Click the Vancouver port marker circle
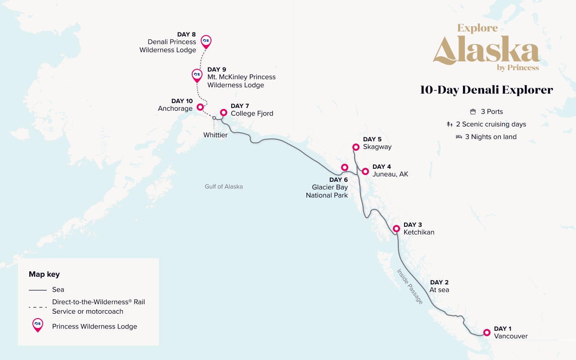tap(486, 333)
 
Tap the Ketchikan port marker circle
tap(396, 229)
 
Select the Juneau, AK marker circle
tap(365, 171)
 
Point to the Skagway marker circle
tap(355, 147)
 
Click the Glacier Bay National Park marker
tap(345, 167)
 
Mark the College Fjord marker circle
tap(223, 112)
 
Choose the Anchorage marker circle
tap(200, 107)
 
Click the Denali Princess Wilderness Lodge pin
tap(206, 41)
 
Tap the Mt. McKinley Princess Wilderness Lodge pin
tap(197, 75)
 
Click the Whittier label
tap(215, 135)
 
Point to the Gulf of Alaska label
tap(224, 186)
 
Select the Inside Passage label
tap(410, 286)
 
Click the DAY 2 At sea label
tap(439, 286)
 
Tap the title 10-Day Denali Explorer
tap(486, 90)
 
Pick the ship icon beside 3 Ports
tap(472, 112)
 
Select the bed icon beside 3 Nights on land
tap(459, 137)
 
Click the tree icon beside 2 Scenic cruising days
tap(450, 124)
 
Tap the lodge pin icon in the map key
tap(38, 325)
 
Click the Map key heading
tap(44, 274)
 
